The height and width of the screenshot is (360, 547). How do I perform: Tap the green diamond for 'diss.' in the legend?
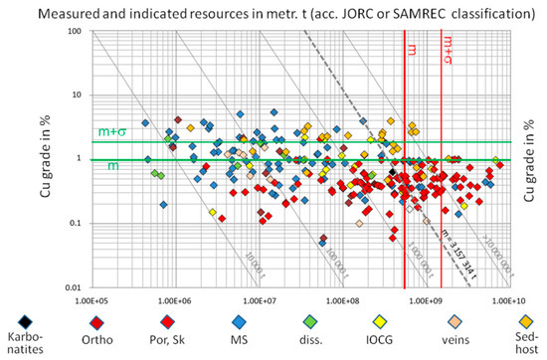click(x=311, y=321)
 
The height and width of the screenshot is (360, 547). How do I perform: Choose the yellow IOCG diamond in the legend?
click(x=382, y=321)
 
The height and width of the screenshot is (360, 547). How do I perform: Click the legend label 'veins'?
click(x=454, y=344)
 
